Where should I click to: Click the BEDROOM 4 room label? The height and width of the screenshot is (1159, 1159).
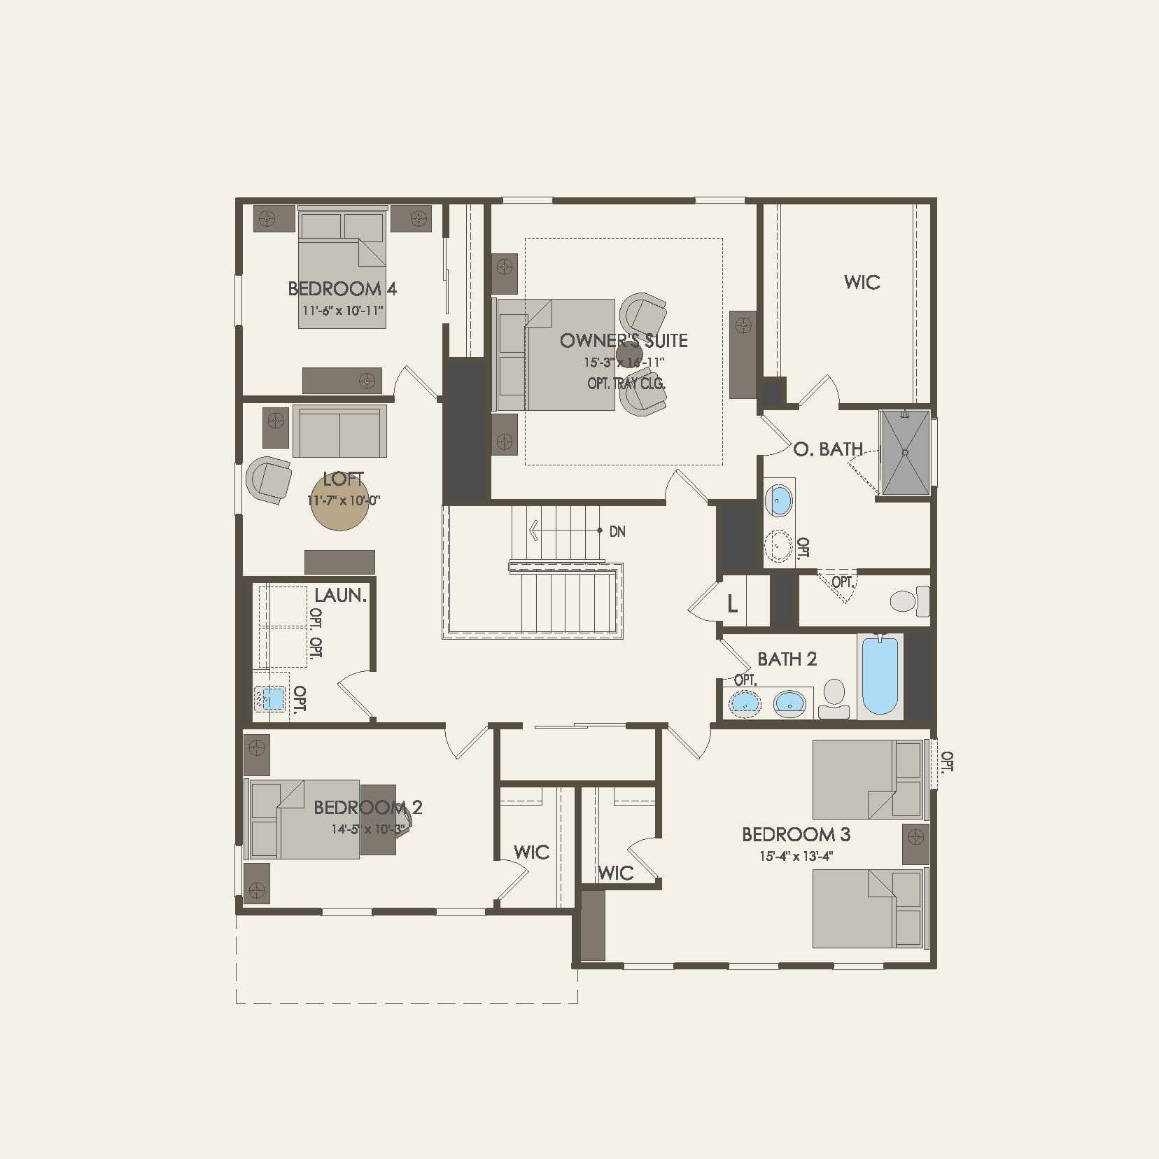click(x=342, y=288)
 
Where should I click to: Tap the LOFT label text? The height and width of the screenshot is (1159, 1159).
click(x=343, y=479)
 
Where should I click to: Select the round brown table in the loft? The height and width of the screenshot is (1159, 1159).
click(x=340, y=503)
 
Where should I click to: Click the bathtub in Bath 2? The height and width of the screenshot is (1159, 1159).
click(x=880, y=675)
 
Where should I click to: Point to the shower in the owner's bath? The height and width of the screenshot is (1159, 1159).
click(x=905, y=452)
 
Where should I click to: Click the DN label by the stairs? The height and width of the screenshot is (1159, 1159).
click(x=617, y=532)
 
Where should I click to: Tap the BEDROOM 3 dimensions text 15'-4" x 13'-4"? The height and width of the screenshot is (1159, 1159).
click(x=796, y=856)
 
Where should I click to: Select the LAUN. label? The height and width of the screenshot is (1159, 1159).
click(x=340, y=596)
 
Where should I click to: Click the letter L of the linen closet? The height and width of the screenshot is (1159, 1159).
click(x=732, y=603)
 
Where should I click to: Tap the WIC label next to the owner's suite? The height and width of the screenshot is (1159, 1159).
click(x=862, y=282)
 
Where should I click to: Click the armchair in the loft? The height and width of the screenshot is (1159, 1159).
click(x=269, y=479)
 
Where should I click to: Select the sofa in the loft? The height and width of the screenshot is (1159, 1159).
click(x=339, y=431)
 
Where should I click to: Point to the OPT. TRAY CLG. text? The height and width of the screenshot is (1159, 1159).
click(x=626, y=384)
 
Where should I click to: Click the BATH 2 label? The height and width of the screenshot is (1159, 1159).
click(x=787, y=659)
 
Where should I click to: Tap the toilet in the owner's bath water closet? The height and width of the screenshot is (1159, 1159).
click(x=908, y=601)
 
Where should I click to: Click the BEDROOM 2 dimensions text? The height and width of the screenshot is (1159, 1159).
click(x=367, y=829)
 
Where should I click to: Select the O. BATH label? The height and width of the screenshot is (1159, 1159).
click(x=828, y=449)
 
